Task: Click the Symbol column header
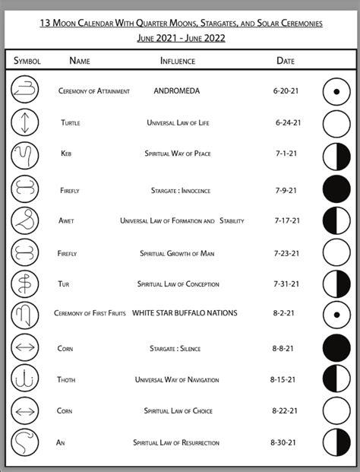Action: pos(27,61)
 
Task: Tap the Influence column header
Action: pos(178,61)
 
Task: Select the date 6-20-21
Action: pos(286,91)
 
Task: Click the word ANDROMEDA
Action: pos(176,91)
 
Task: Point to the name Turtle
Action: pos(71,122)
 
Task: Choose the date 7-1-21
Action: pos(286,154)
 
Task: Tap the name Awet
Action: pos(66,221)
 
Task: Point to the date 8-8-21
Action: pos(286,348)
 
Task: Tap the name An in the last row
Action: pos(61,442)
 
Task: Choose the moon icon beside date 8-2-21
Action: pos(336,314)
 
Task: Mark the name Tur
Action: pos(64,284)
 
